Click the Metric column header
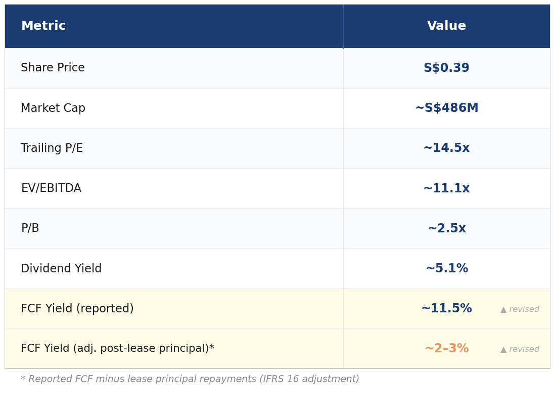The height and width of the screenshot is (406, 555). [x=43, y=25]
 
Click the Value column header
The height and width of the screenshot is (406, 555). [x=446, y=25]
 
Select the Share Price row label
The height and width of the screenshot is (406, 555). [x=53, y=67]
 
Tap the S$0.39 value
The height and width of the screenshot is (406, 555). [x=446, y=67]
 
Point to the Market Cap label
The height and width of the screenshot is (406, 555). [x=53, y=108]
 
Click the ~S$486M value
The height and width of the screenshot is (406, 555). [x=447, y=107]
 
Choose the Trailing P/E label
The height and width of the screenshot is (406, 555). [x=52, y=148]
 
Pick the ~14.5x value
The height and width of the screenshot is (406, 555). [x=446, y=147]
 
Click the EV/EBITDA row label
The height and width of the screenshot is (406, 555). [x=52, y=188]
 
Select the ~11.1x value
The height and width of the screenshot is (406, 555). [x=446, y=188]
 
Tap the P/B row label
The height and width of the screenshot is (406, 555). [x=30, y=228]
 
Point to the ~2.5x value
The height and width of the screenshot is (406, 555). [x=447, y=228]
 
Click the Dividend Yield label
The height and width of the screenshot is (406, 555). [x=61, y=268]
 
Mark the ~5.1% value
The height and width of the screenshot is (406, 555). [x=447, y=268]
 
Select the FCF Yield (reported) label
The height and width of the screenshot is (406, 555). [x=77, y=308]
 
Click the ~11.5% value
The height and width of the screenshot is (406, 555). [x=447, y=308]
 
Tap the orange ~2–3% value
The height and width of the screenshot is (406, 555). [x=447, y=348]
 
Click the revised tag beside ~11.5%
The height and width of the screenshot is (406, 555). [x=520, y=309]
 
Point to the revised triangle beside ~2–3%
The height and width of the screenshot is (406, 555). [x=503, y=350]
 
